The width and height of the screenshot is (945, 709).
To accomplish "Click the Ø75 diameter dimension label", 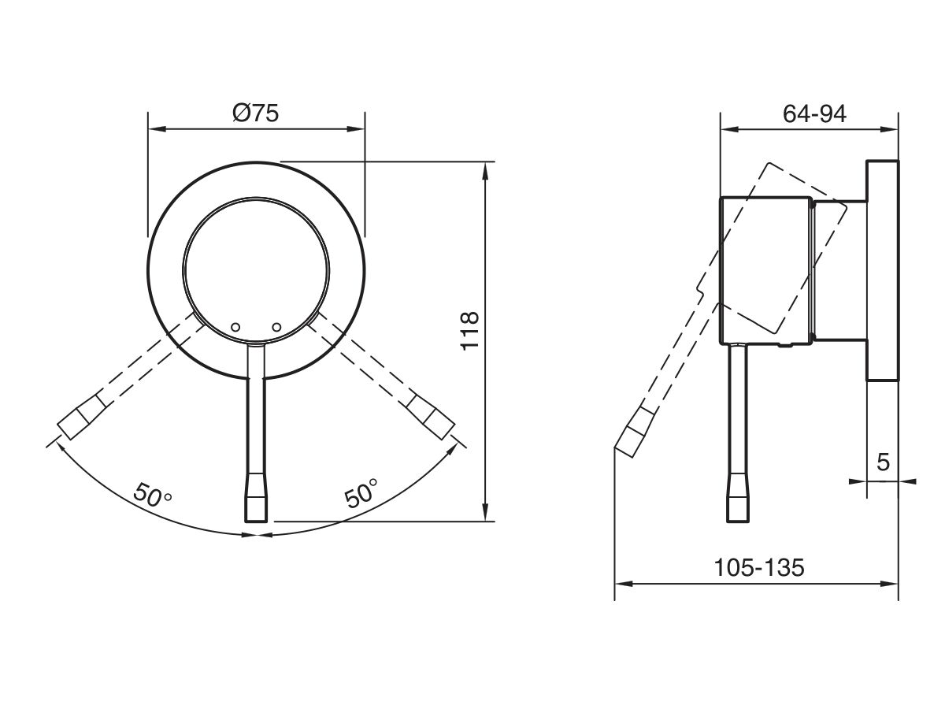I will point(256,113).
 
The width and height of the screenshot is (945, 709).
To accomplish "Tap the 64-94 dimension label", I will point(814,114).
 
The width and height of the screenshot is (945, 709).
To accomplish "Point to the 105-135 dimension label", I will point(758,566).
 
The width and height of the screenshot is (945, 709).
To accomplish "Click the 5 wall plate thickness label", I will point(883,462).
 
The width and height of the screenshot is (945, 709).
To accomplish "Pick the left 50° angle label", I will point(153,496).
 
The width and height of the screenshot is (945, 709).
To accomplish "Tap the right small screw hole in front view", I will point(276,326).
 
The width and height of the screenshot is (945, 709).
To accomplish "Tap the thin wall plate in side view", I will point(882,272).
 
